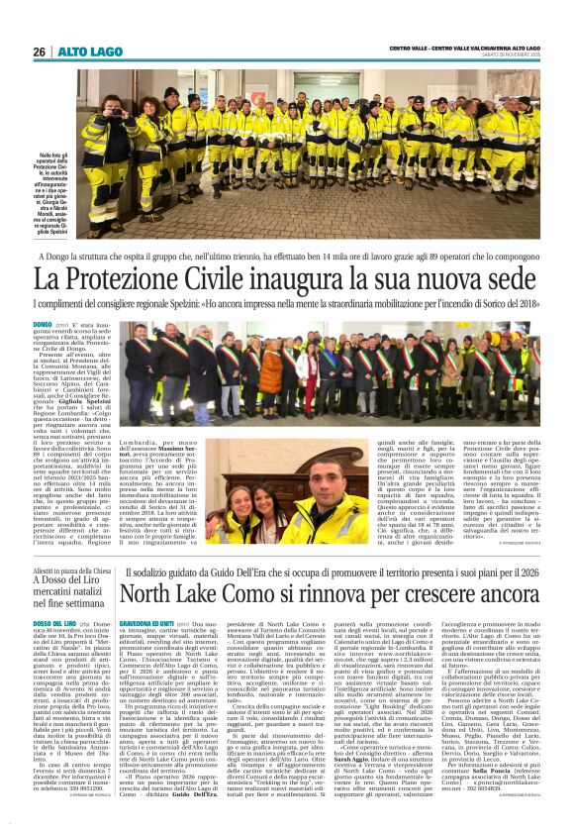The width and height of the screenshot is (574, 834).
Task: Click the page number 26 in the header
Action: tap(40, 52)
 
